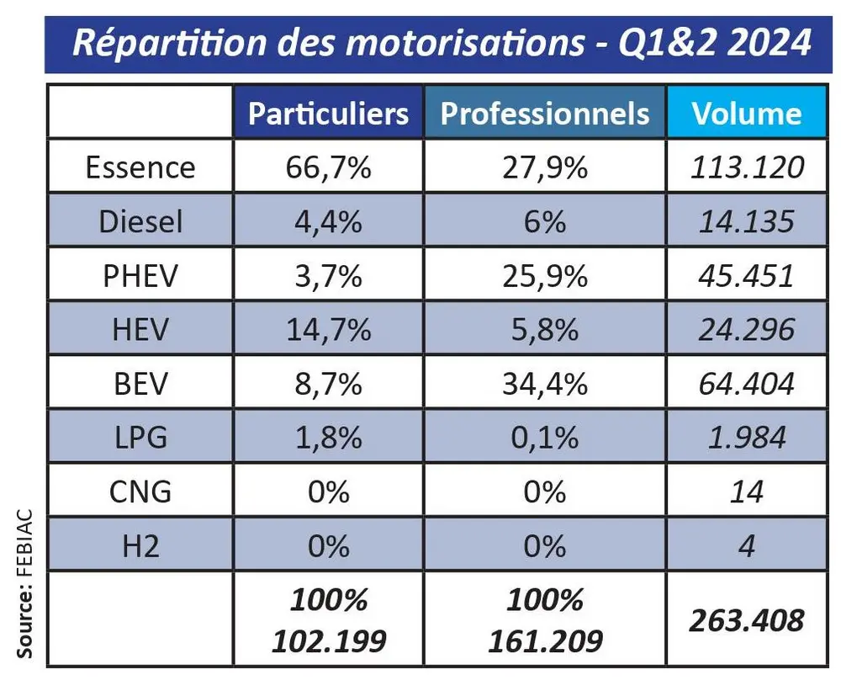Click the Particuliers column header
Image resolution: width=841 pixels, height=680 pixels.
pos(329,114)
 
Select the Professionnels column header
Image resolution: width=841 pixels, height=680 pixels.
pos(545,114)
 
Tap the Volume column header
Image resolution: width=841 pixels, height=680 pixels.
pos(746,114)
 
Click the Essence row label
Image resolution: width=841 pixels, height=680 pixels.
pos(140,167)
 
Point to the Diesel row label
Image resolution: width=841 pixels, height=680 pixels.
pos(140,221)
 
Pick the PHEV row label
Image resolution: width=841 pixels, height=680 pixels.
pos(140,275)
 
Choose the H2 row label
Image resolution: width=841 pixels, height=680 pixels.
pos(140,546)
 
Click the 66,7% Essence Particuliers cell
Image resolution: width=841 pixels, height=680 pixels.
pos(329,167)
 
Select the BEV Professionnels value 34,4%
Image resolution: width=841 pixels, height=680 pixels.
pos(545,384)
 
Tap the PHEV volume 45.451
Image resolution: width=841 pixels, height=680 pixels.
pos(746,275)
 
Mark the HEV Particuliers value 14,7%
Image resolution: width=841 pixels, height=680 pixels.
pos(329,329)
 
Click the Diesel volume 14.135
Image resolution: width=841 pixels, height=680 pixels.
pos(746,221)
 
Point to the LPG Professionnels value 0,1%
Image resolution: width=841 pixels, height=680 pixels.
pos(545,438)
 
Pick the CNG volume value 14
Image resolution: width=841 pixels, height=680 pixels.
pos(746,491)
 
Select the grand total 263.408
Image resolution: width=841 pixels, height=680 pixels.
pos(746,620)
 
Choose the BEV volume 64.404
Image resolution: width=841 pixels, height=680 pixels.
pos(746,384)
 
